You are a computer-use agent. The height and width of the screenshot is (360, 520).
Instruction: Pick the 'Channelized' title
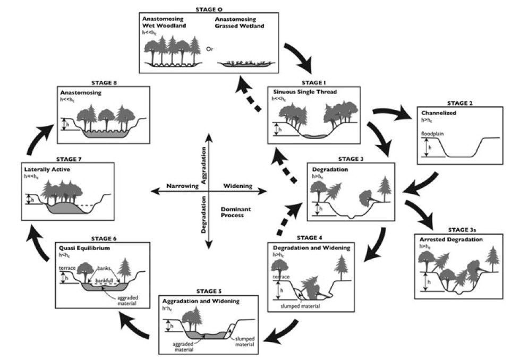coord(438,113)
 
